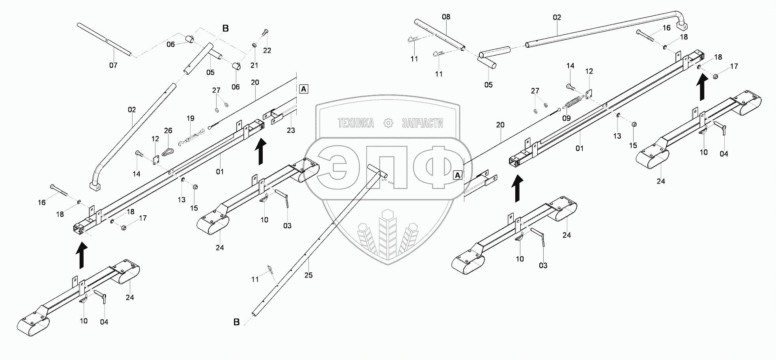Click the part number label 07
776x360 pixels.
(x=113, y=65)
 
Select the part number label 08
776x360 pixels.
(x=446, y=17)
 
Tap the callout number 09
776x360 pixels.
(x=566, y=118)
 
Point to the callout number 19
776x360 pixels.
(x=191, y=118)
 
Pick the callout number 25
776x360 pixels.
(x=309, y=275)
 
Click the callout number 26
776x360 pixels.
(x=168, y=131)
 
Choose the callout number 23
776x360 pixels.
(x=291, y=130)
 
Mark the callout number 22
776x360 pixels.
(x=267, y=50)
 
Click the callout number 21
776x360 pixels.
(x=255, y=65)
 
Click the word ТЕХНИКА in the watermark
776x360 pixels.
(x=355, y=123)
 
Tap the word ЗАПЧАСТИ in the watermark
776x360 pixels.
(x=423, y=123)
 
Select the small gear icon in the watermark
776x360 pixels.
(x=389, y=123)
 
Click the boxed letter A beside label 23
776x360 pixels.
(x=303, y=89)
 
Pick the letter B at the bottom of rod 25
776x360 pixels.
(x=236, y=322)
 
